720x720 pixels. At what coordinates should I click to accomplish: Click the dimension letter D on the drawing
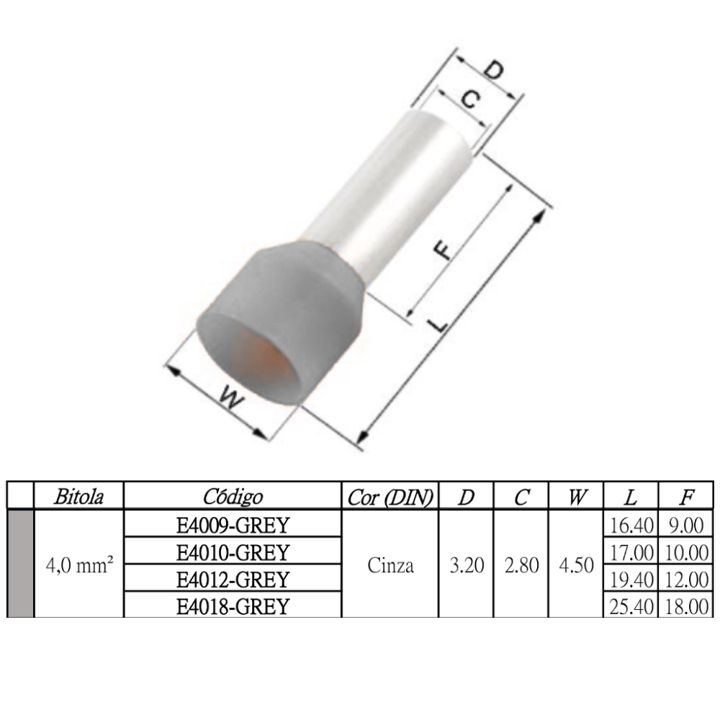[x=493, y=71]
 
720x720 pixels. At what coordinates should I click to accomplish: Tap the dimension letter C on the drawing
[x=468, y=100]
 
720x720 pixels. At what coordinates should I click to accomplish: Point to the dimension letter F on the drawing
[x=446, y=247]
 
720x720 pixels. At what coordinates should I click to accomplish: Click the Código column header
[x=233, y=497]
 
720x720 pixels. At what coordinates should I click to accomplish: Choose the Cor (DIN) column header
[x=390, y=497]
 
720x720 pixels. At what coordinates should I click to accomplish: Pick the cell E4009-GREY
[x=233, y=526]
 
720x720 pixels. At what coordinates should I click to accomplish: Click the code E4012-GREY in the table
[x=233, y=579]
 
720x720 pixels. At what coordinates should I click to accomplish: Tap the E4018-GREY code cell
[x=233, y=606]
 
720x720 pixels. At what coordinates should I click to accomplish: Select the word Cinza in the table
[x=390, y=565]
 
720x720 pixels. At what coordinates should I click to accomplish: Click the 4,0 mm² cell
[x=79, y=565]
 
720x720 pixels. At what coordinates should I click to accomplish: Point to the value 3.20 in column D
[x=466, y=565]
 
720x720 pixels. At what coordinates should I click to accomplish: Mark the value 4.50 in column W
[x=576, y=565]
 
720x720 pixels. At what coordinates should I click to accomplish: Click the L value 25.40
[x=630, y=606]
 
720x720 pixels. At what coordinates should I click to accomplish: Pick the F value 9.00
[x=685, y=526]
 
